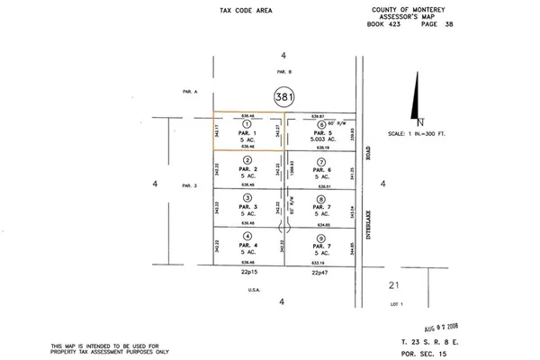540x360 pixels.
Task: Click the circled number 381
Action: (283, 94)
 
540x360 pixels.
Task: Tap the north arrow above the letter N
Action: (416, 97)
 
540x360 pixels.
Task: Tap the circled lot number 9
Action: (321, 236)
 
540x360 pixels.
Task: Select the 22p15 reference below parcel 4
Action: (247, 271)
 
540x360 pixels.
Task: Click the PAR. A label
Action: (187, 91)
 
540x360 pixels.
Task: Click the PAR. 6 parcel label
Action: (321, 169)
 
